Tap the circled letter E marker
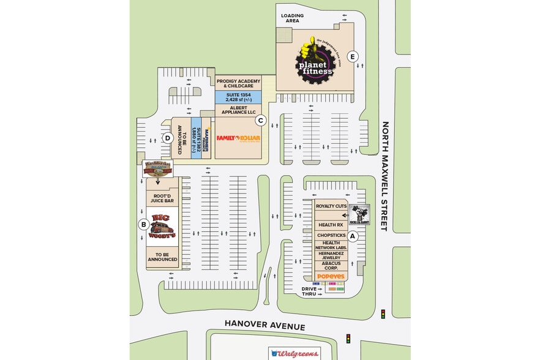pyautogui.click(x=352, y=57)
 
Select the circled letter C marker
pyautogui.click(x=260, y=121)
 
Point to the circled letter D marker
pyautogui.click(x=167, y=138)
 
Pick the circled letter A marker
pyautogui.click(x=352, y=235)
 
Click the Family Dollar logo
pyautogui.click(x=238, y=138)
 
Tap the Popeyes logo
pyautogui.click(x=331, y=276)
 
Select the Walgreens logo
pyautogui.click(x=295, y=354)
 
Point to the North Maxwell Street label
pyautogui.click(x=386, y=176)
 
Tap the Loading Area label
pyautogui.click(x=292, y=18)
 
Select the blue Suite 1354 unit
pyautogui.click(x=238, y=97)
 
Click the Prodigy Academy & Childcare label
pyautogui.click(x=238, y=84)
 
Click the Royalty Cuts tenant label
pyautogui.click(x=331, y=206)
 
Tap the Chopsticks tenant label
pyautogui.click(x=331, y=235)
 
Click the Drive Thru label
pyautogui.click(x=309, y=291)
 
